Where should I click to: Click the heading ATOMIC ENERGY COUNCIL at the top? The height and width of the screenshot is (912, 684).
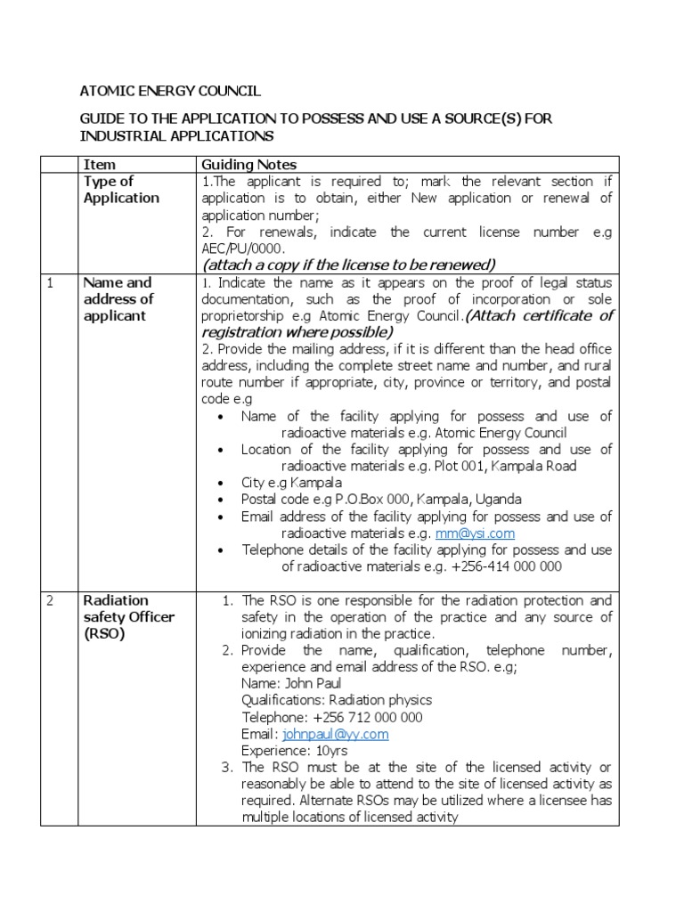172,91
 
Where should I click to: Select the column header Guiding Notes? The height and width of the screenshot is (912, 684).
248,165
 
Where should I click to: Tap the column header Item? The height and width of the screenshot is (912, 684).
99,165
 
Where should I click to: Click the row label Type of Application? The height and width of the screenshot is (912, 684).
121,190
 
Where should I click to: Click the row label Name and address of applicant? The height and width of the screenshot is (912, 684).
118,299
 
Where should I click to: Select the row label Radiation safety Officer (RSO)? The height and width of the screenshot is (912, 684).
128,617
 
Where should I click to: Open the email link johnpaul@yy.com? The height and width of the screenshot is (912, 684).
335,734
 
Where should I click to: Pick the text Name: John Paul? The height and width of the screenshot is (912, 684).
287,683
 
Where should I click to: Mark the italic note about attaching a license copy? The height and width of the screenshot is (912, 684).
348,265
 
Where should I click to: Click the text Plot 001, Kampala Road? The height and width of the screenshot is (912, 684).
505,466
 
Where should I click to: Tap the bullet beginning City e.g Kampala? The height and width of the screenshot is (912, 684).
291,483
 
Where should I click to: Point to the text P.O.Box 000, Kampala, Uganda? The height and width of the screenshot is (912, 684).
435,500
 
